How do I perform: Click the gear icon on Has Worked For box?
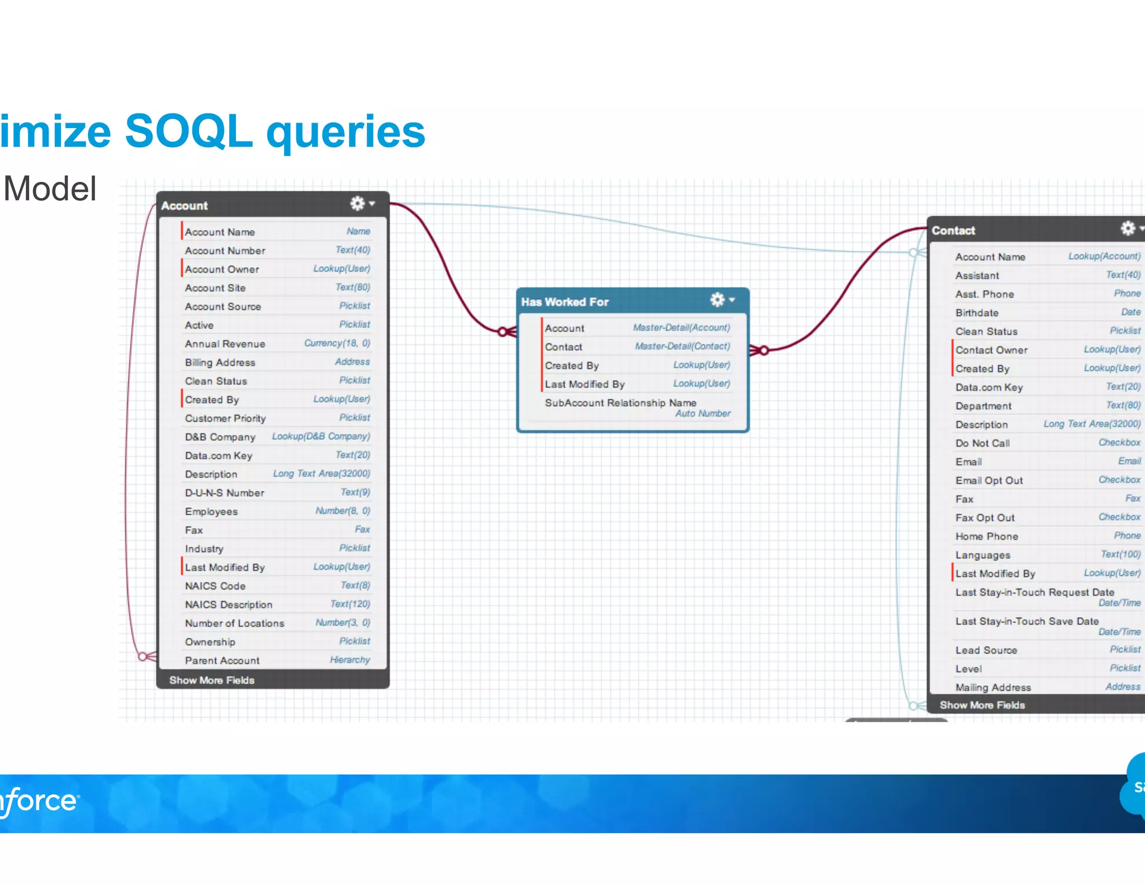(717, 300)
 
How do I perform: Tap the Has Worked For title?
(565, 302)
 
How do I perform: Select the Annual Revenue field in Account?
(225, 344)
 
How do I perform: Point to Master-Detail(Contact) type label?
(682, 346)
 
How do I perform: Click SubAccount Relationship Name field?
(620, 403)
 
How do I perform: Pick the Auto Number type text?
(702, 414)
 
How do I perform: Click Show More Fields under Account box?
(212, 680)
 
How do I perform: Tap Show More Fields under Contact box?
(982, 705)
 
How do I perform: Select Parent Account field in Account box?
(222, 661)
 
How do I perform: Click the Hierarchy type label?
(349, 660)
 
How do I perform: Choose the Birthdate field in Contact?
(977, 313)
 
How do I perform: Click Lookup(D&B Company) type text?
(321, 436)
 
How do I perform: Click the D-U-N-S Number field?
(224, 493)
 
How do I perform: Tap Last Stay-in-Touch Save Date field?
(1026, 622)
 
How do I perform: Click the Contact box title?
(953, 230)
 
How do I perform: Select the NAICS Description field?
(229, 605)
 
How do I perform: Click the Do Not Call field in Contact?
(982, 443)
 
